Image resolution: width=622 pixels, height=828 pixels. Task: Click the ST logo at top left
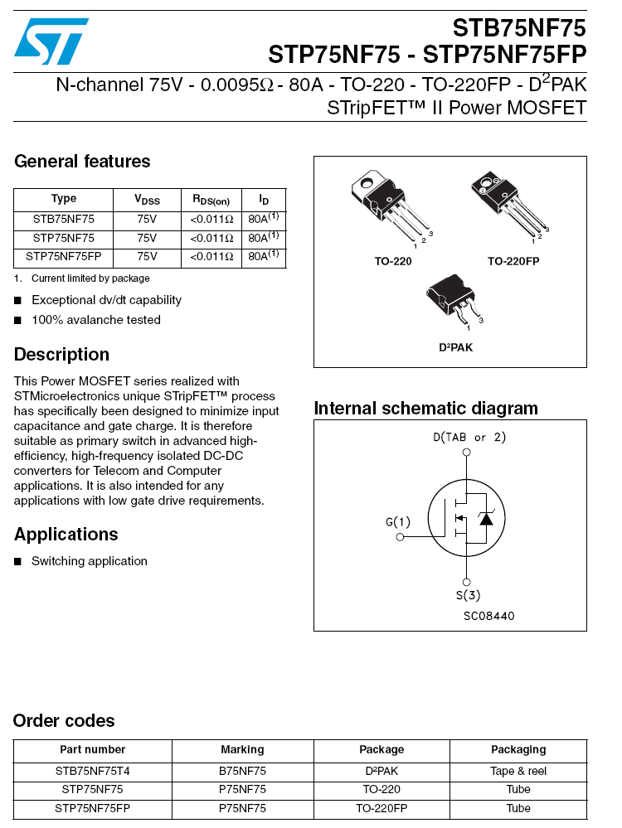click(x=51, y=41)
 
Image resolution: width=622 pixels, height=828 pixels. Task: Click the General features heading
click(x=82, y=162)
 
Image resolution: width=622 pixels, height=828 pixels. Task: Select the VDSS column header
click(x=147, y=200)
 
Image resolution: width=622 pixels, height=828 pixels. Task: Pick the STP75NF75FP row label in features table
click(x=64, y=257)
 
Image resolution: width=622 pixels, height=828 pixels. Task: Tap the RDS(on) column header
click(x=211, y=200)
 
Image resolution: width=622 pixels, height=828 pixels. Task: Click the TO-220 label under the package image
click(x=392, y=261)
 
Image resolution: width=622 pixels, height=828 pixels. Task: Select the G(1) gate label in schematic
click(x=398, y=522)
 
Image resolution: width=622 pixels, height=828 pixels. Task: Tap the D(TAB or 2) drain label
click(x=469, y=437)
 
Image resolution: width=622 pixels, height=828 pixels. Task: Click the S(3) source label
click(x=468, y=595)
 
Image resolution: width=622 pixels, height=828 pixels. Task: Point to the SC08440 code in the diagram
click(x=488, y=616)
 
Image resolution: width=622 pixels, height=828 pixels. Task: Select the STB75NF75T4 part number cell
click(x=92, y=770)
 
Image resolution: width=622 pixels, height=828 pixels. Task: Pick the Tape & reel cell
click(x=518, y=770)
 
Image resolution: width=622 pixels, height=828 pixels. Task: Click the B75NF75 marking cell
click(x=242, y=770)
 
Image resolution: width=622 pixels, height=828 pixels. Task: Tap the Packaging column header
click(x=518, y=750)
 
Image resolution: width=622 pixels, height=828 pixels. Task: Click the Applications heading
click(x=66, y=535)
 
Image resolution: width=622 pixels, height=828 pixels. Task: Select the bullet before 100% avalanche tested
click(x=17, y=321)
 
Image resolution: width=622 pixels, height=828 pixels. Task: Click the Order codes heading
click(x=64, y=721)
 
